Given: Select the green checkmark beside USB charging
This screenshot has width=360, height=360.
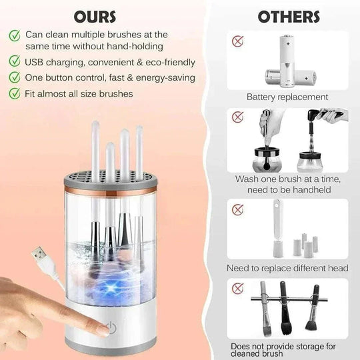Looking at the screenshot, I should tap(15, 62).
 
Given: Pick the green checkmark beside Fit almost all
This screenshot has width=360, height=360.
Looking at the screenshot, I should tap(15, 93).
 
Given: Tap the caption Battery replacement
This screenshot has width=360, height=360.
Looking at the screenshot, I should tap(287, 97).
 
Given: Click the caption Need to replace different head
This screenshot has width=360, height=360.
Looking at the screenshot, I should tap(287, 268).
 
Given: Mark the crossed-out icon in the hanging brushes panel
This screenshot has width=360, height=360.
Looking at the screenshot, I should tap(237, 289).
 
